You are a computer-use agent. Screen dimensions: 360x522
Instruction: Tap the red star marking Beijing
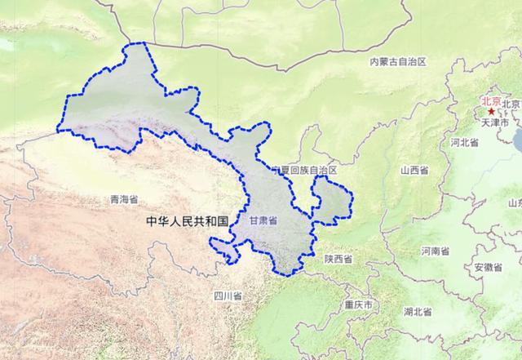tap(491, 112)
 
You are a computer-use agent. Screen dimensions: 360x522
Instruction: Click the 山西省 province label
tap(414, 171)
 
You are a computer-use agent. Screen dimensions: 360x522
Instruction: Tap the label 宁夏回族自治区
tap(305, 170)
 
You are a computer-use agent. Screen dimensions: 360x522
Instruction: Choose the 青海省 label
tap(123, 198)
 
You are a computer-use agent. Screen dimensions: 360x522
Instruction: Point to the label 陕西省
tap(338, 259)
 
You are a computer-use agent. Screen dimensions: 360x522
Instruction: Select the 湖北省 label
tap(418, 311)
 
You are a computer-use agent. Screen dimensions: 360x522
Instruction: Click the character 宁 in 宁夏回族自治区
tap(277, 170)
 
